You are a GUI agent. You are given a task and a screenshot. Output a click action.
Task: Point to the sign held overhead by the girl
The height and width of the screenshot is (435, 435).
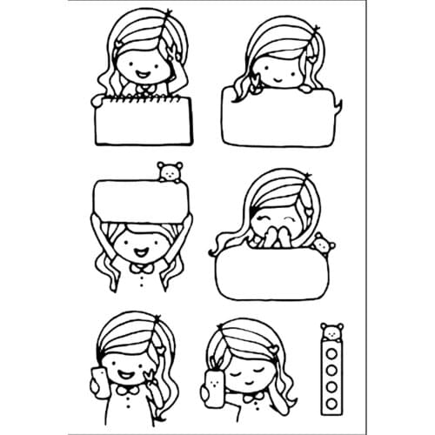tap(140, 199)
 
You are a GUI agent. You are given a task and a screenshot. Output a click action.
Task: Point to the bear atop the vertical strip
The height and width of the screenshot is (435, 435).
tap(331, 331)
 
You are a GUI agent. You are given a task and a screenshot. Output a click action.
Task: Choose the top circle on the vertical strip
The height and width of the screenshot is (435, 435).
tap(331, 353)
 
